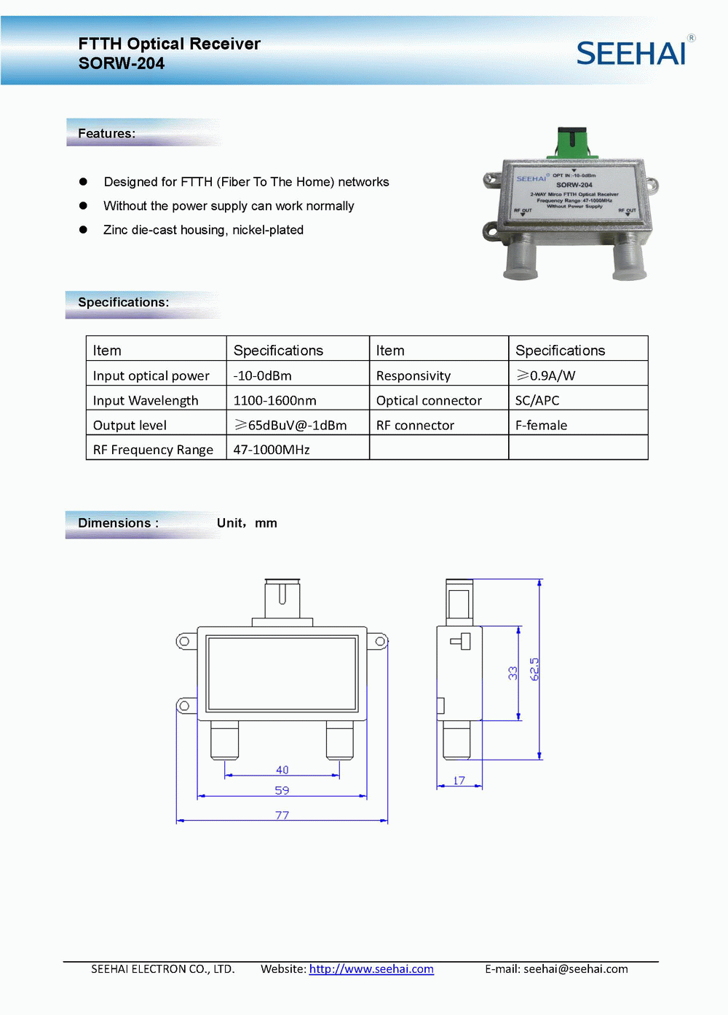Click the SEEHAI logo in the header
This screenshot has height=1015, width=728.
632,53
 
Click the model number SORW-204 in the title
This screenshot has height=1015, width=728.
122,64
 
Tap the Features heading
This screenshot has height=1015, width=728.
107,134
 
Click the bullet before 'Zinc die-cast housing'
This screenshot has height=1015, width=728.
83,230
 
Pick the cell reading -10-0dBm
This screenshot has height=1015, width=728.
263,376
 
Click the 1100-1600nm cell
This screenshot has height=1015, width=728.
275,401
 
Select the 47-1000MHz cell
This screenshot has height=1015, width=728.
272,450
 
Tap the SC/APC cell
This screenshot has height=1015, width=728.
537,401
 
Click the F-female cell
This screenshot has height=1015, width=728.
541,426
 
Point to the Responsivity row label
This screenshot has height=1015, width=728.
414,376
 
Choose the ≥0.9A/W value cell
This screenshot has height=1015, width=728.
546,376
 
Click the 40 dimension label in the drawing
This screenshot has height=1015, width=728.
282,770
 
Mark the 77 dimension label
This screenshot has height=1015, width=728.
282,816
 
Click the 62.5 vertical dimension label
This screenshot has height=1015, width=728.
534,669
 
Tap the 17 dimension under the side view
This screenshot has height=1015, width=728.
459,781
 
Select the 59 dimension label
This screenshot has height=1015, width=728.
282,790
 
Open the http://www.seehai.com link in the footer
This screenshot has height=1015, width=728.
371,969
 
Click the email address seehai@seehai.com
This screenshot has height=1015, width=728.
576,969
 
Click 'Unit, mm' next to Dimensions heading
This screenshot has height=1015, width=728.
247,523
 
